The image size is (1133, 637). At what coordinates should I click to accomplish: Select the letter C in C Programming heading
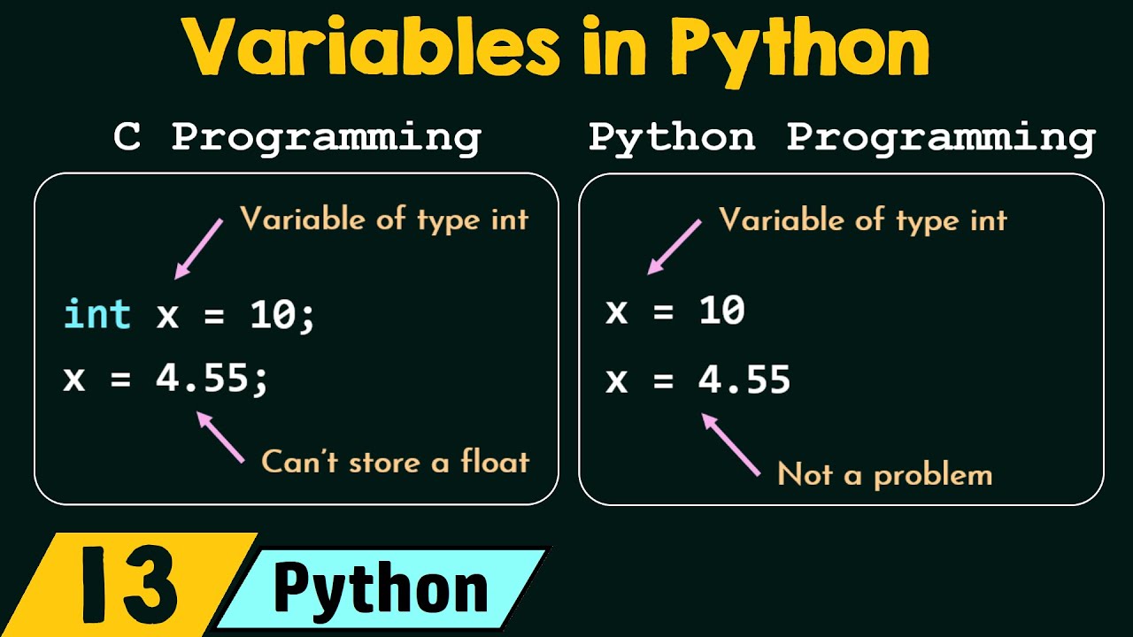coord(127,138)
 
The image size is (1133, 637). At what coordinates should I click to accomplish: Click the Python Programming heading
coord(842,138)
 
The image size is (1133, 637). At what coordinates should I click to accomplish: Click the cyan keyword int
coord(97,315)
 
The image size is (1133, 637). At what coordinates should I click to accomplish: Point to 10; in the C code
coord(281,315)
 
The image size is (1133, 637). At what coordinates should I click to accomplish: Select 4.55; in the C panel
coord(212,380)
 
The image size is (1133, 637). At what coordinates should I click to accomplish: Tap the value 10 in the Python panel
coord(721,311)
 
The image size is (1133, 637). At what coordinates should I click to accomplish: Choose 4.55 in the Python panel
coord(744,380)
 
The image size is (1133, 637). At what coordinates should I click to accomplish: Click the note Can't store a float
coord(395,461)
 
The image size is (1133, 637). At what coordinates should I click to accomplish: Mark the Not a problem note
coord(884,475)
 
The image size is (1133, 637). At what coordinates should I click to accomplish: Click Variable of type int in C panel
coord(383,219)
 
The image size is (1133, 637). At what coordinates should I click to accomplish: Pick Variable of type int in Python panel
coord(863,219)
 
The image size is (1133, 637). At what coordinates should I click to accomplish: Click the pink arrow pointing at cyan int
coord(199,249)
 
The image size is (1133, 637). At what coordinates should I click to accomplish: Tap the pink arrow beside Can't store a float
coord(220,437)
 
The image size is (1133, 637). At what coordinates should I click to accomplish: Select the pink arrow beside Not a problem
coord(731,445)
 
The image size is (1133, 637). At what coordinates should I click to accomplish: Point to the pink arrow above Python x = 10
coord(674,246)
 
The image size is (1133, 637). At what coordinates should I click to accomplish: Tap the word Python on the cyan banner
coord(381,589)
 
